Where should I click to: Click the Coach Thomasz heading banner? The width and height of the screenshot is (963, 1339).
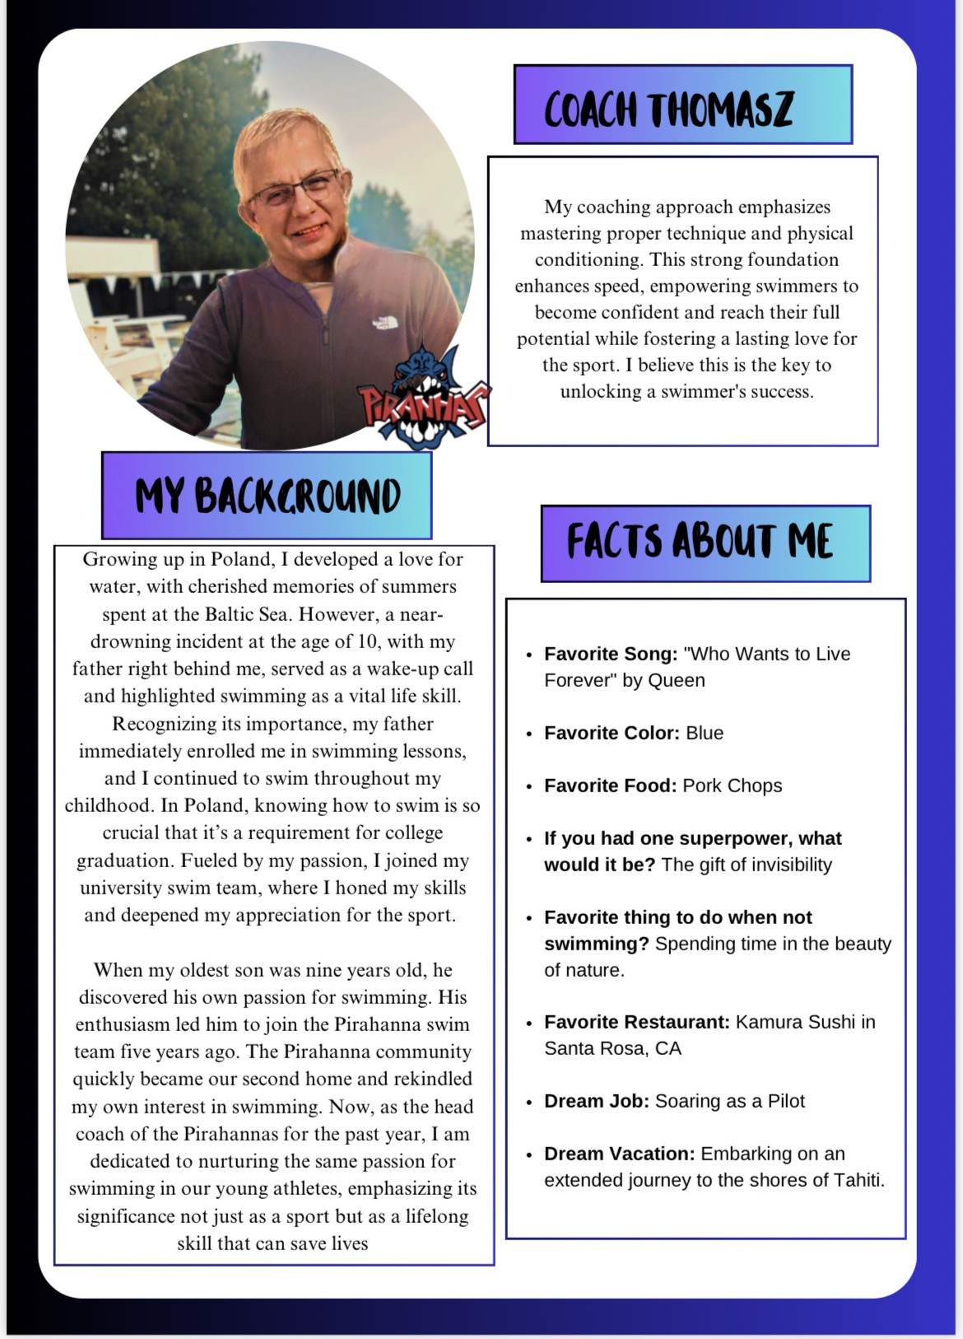click(682, 105)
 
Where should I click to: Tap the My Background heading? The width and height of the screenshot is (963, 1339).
click(267, 496)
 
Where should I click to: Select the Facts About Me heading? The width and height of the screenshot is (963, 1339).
click(705, 543)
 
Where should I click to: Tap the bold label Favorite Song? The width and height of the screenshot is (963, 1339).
click(610, 654)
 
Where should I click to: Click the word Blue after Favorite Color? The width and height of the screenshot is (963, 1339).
click(705, 733)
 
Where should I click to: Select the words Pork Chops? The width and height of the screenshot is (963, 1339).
click(732, 786)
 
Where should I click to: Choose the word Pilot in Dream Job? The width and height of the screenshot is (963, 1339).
click(785, 1101)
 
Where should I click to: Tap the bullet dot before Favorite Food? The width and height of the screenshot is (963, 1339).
click(529, 786)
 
